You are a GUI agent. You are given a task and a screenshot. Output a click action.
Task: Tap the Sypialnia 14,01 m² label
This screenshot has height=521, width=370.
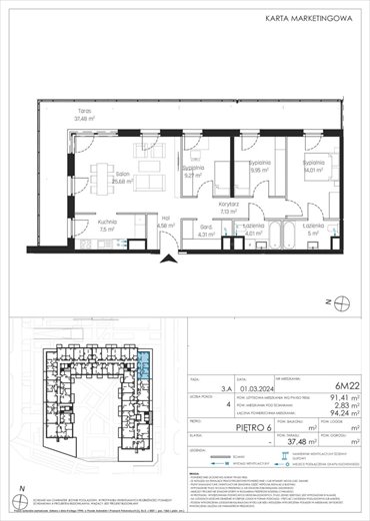(x=318, y=166)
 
